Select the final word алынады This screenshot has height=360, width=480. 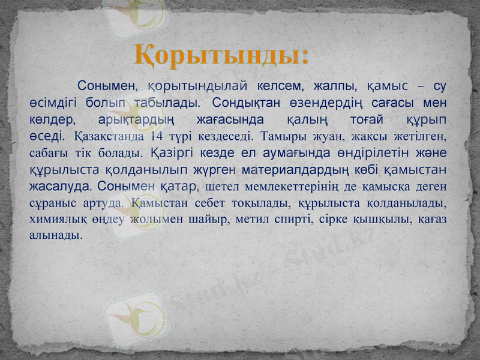pos(55,235)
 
